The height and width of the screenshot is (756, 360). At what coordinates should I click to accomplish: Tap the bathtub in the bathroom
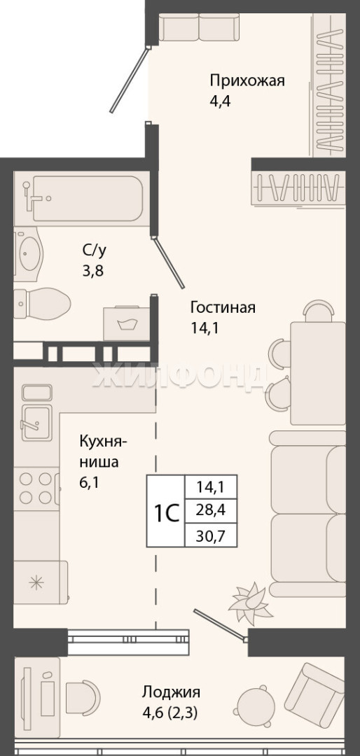click(x=79, y=198)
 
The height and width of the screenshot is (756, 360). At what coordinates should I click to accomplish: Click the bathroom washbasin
click(x=29, y=254)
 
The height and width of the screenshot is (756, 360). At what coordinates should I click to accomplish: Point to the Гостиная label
click(x=223, y=307)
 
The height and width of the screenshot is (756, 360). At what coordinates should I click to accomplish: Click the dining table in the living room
click(x=317, y=373)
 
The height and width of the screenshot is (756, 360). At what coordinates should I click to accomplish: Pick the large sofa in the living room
click(x=308, y=514)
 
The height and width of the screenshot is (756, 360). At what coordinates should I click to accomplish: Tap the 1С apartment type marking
click(x=167, y=513)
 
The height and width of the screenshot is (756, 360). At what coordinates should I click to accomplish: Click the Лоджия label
click(x=171, y=693)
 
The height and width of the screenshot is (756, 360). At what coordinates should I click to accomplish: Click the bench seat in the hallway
click(x=200, y=28)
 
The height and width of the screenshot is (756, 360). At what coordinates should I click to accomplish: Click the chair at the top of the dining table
click(x=319, y=311)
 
